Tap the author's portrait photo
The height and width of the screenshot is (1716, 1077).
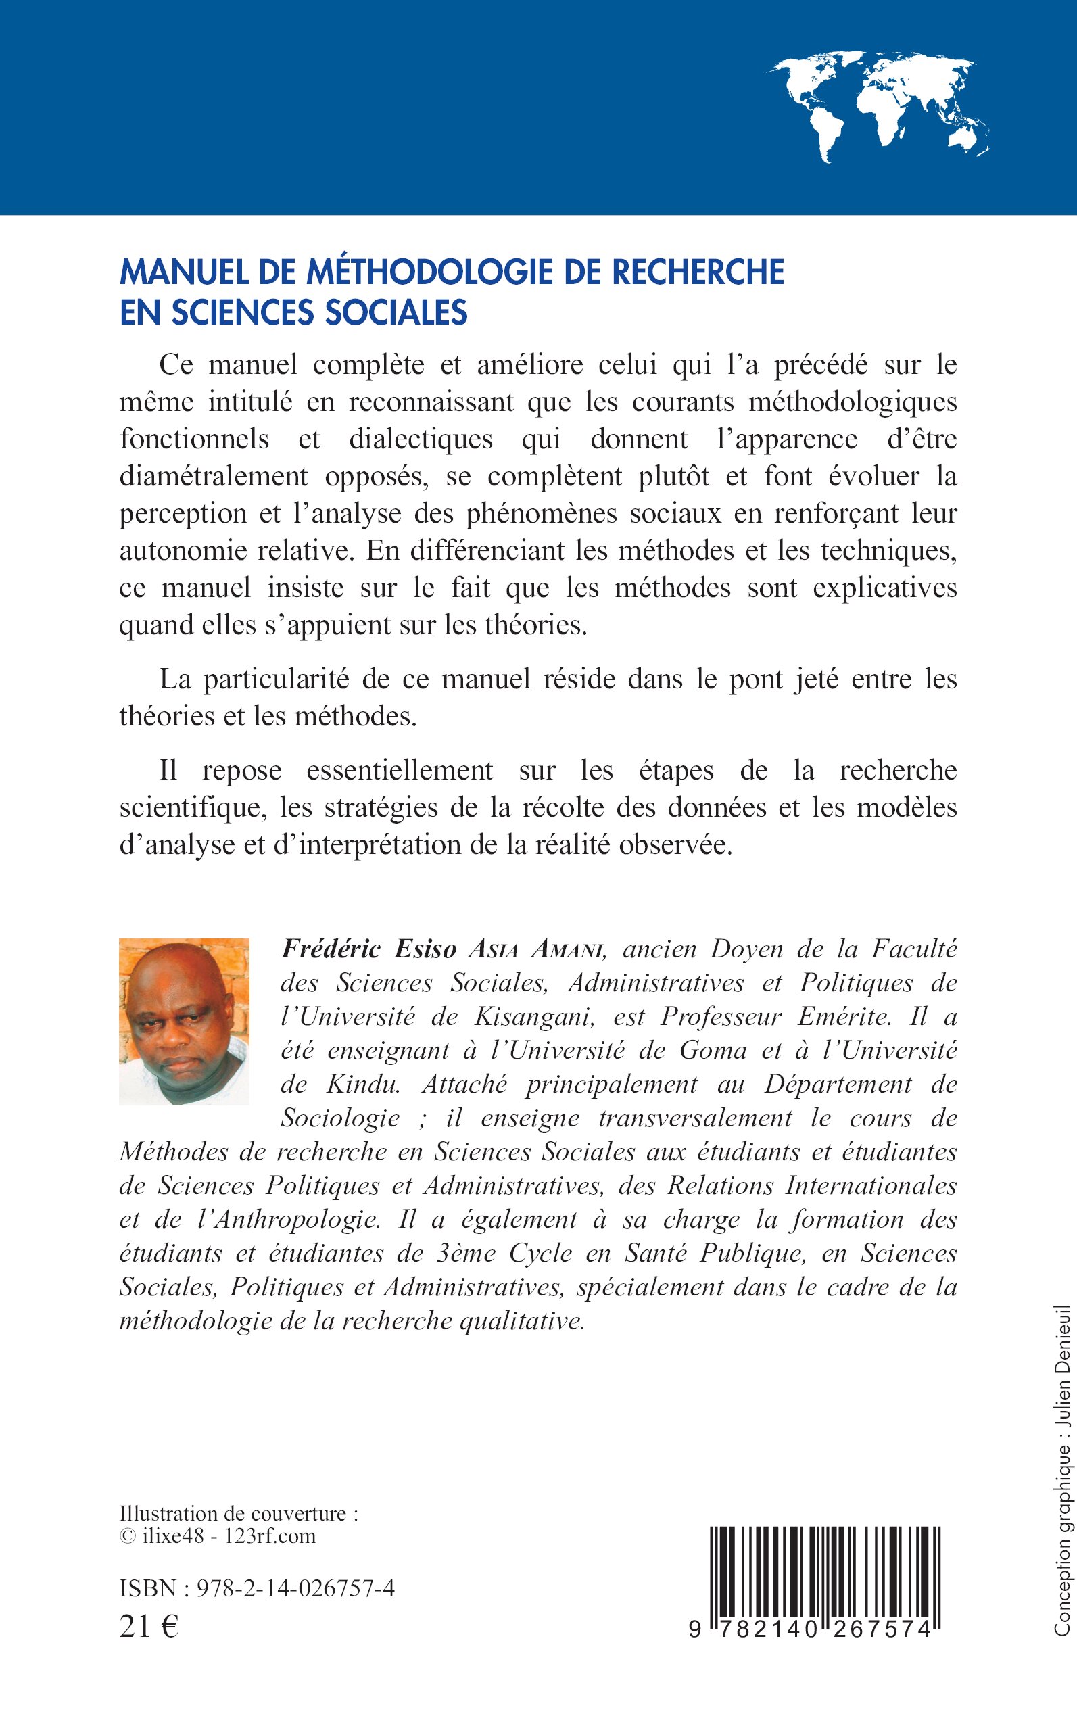point(184,1022)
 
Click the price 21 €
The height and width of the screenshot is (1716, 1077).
point(149,1626)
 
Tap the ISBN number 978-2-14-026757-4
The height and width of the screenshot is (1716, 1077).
point(295,1588)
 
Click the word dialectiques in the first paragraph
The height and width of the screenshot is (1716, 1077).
point(421,439)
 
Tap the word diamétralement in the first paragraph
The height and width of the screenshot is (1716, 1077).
point(214,476)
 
